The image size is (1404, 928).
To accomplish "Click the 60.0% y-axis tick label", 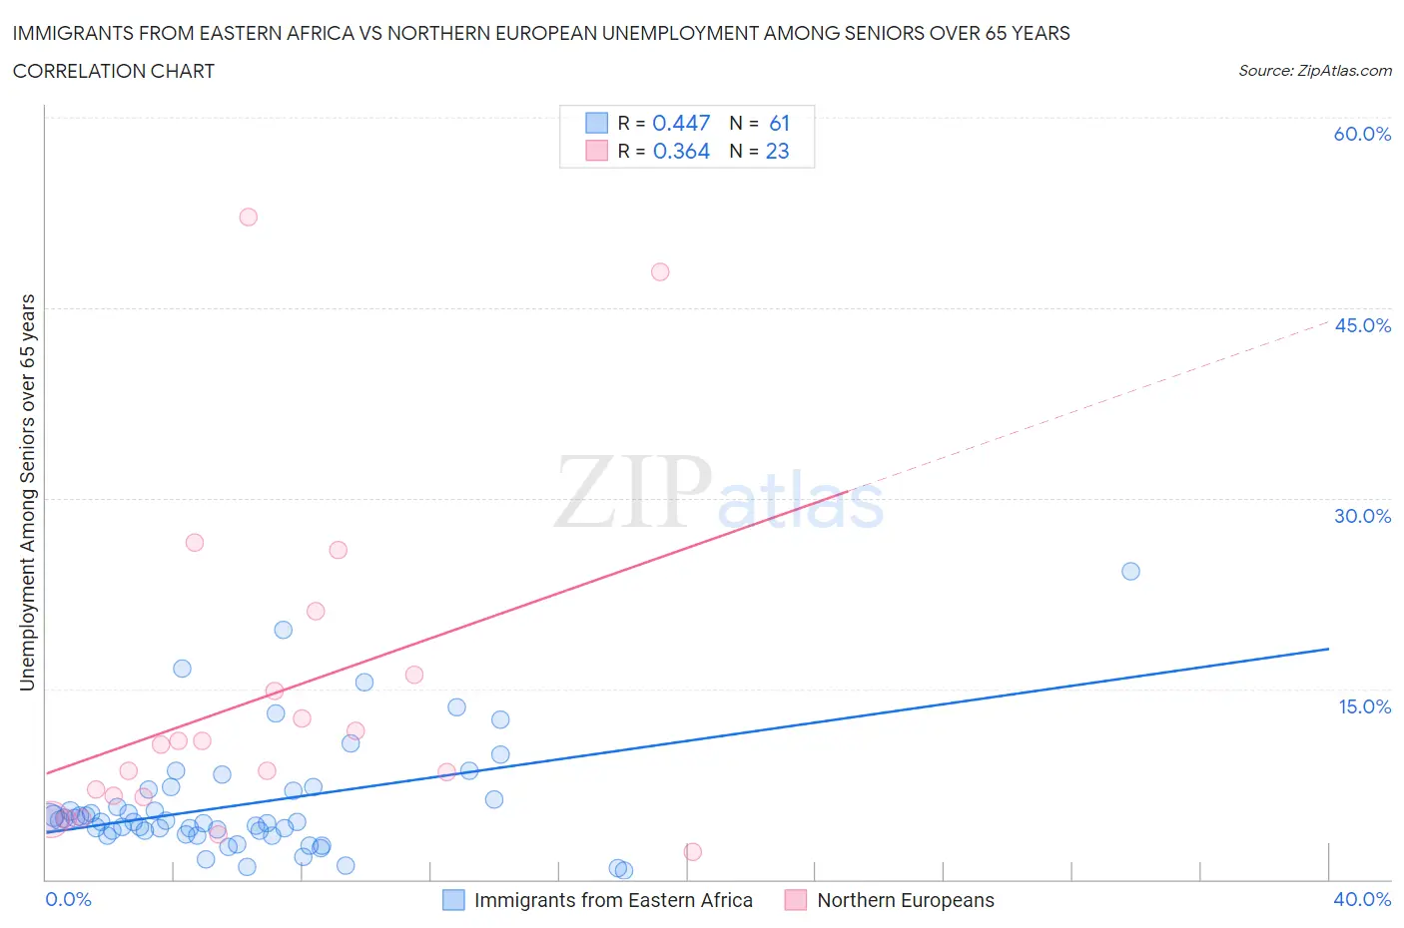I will [1362, 134].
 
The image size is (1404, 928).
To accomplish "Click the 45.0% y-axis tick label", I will [1362, 325].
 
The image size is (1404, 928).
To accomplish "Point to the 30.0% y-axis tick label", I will [1362, 516].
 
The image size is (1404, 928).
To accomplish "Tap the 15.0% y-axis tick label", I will [1364, 706].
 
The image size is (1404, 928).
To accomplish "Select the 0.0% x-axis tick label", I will [68, 899].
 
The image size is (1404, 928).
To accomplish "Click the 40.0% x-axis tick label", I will [1362, 899].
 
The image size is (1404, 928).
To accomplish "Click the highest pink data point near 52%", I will [249, 218].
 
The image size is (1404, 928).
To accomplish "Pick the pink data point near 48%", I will [660, 271].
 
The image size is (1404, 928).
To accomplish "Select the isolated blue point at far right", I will [1130, 572].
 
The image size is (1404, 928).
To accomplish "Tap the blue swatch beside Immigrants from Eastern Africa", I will [454, 900].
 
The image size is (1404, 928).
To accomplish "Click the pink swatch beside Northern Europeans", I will [796, 900].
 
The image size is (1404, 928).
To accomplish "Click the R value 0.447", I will [681, 123].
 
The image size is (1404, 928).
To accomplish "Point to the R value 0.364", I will [681, 151].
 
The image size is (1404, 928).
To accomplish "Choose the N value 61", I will [779, 123].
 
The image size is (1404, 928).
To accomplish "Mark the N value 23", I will [777, 151].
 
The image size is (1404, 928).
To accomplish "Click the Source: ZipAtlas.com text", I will [1314, 71].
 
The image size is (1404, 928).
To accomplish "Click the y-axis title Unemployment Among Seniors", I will [28, 492].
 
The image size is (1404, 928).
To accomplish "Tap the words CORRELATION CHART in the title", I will [114, 71].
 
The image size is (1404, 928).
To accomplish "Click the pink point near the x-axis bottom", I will [693, 851].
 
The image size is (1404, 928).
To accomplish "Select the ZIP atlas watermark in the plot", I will [719, 492].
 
